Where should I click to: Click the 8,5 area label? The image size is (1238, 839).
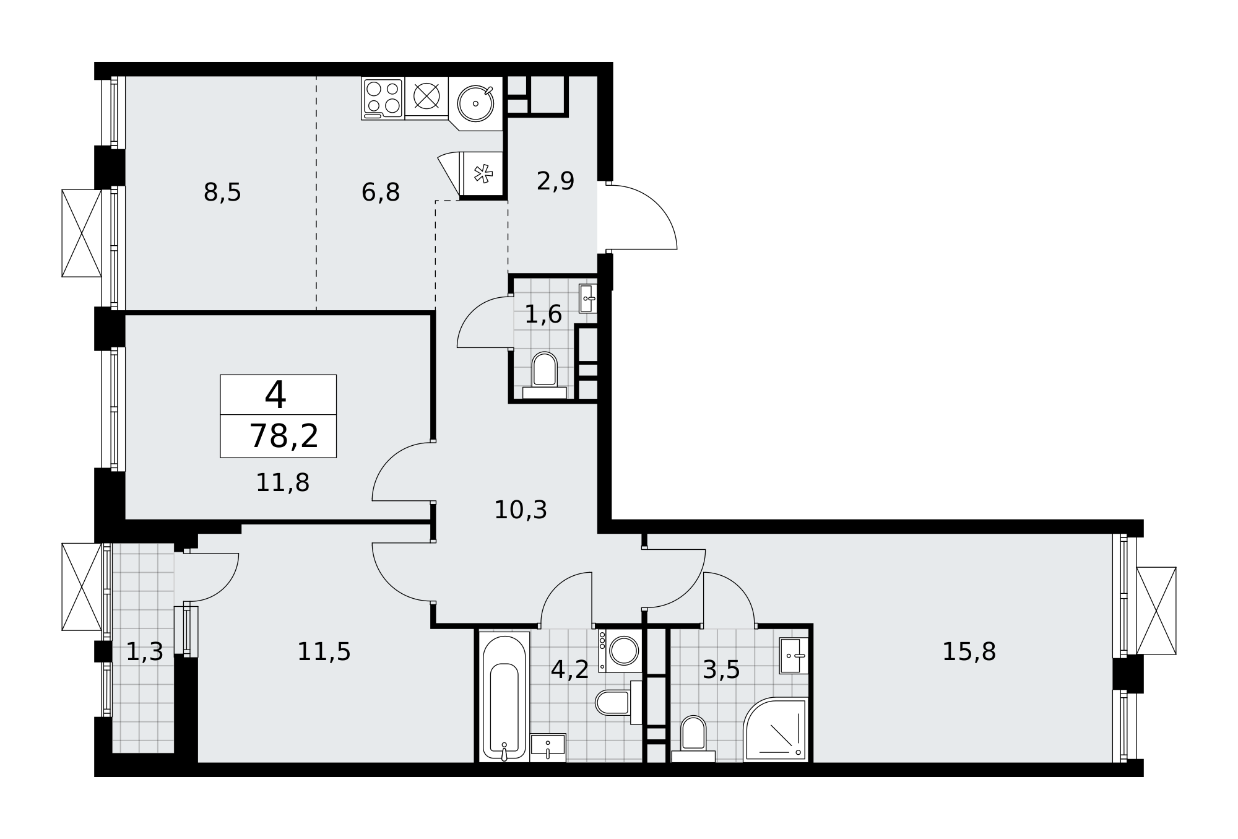pos(222,193)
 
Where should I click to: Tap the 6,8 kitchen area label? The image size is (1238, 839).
pos(381,193)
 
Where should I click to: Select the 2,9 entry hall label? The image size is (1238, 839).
pos(555,181)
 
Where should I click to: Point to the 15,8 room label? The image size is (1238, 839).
pos(969,651)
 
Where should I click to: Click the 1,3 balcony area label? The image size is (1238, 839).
pos(144,651)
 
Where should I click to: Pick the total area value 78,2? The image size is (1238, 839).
pos(284,436)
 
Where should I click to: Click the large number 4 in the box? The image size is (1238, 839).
pos(275,394)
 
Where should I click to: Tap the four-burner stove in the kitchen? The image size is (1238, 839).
pos(383,98)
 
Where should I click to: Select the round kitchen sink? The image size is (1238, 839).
pos(475,103)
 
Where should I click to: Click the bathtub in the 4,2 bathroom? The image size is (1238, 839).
pos(504,697)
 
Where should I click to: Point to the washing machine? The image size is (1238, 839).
pos(620,651)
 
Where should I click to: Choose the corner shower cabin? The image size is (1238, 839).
pos(776,729)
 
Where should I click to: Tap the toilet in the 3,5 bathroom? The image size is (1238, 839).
pos(693,739)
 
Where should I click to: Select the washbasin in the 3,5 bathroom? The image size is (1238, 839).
pos(794,656)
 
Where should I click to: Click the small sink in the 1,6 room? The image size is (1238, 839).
pos(588,298)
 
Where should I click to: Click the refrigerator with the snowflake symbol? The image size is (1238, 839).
pos(482,174)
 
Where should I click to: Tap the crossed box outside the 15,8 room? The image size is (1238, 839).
pos(1156,611)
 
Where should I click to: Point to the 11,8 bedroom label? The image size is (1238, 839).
pos(282,482)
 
